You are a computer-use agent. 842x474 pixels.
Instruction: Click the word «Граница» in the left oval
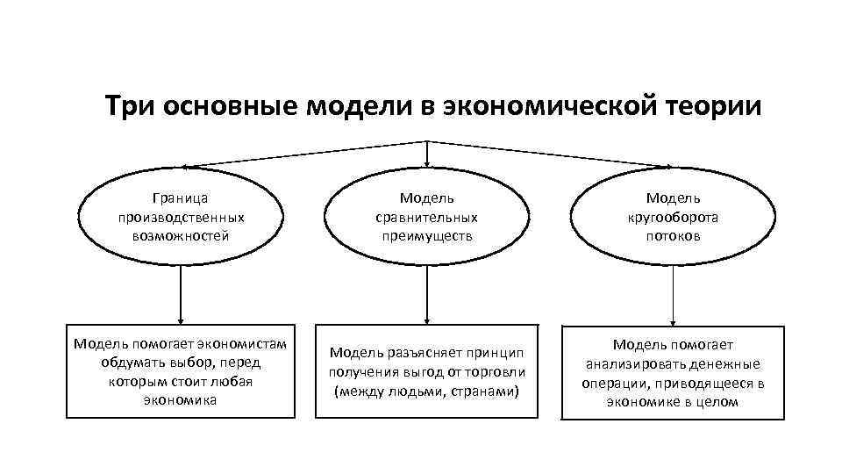coord(181,199)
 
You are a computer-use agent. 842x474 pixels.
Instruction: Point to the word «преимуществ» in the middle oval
coord(427,236)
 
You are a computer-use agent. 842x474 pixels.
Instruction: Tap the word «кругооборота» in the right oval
coord(673,218)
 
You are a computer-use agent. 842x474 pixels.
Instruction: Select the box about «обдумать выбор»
coord(181,371)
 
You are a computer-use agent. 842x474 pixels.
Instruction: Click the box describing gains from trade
coord(427,371)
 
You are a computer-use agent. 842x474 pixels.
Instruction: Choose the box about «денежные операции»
coord(673,373)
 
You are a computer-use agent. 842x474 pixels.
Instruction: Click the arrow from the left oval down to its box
coord(181,295)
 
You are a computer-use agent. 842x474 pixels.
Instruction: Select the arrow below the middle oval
coord(427,295)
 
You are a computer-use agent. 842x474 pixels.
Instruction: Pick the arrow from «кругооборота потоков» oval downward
coord(673,295)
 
